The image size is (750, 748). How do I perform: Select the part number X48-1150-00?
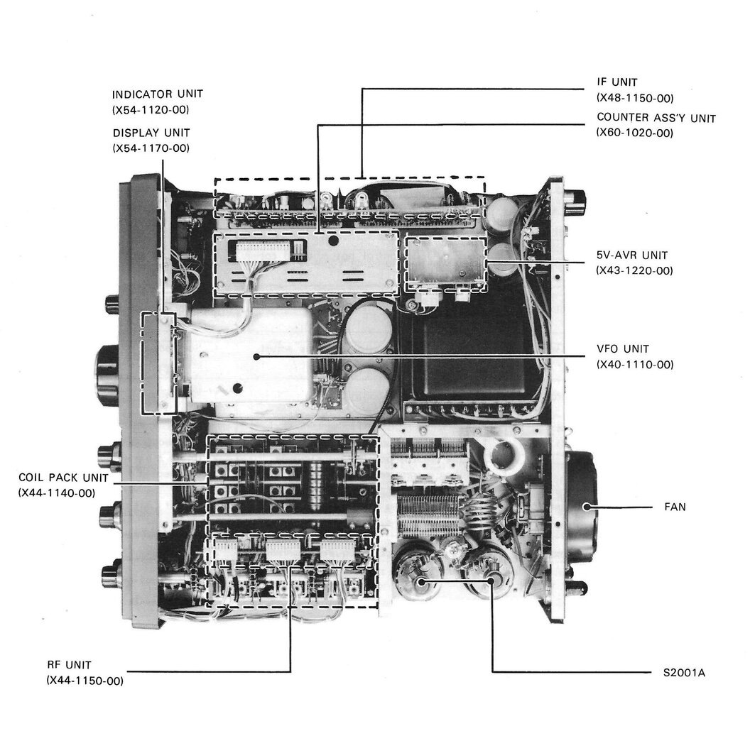[634, 99]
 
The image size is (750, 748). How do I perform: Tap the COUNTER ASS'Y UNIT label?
[656, 118]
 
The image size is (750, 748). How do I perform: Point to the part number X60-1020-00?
[634, 133]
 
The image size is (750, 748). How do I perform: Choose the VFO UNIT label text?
[623, 349]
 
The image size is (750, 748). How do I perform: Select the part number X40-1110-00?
[634, 365]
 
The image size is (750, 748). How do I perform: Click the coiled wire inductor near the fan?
[482, 515]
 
